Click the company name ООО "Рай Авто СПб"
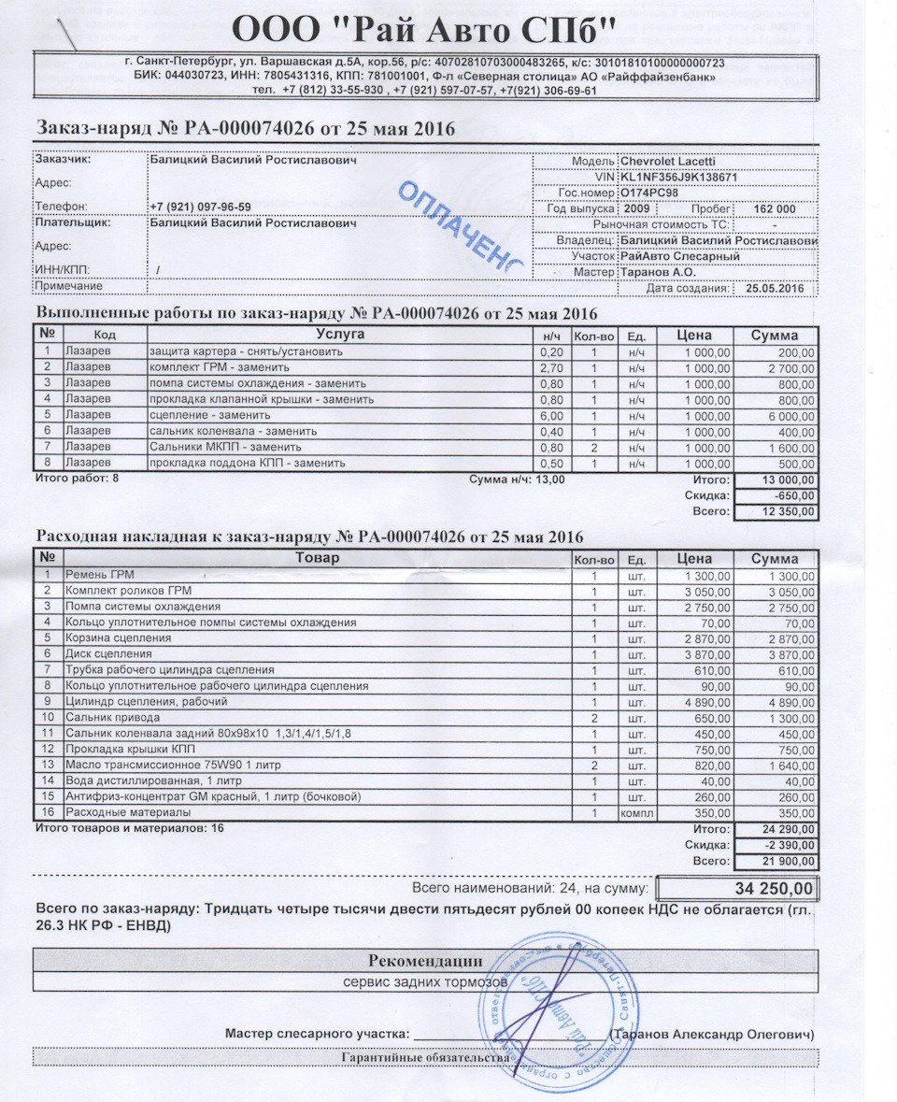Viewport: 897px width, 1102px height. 424,32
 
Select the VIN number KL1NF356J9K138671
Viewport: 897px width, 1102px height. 679,177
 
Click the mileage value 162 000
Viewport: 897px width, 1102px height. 774,208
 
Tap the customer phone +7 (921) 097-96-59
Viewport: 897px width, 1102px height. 200,208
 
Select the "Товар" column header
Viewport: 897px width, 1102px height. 318,558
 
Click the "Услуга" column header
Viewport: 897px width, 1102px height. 340,335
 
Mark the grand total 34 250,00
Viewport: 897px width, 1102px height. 766,887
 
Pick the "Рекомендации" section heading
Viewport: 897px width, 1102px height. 425,960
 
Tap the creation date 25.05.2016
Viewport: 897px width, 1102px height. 776,288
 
